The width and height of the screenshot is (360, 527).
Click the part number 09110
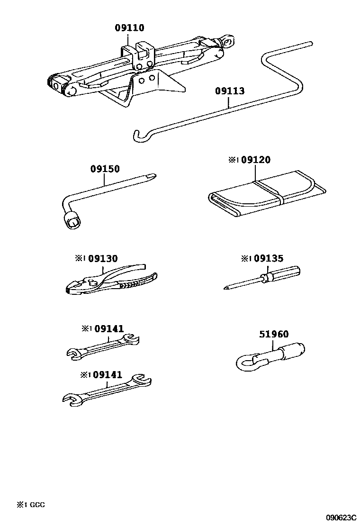pyautogui.click(x=129, y=28)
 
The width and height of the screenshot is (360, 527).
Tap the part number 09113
pyautogui.click(x=230, y=91)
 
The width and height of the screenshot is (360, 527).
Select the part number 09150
pyautogui.click(x=105, y=169)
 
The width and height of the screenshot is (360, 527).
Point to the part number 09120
pyautogui.click(x=255, y=160)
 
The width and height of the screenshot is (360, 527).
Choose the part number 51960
pyautogui.click(x=274, y=335)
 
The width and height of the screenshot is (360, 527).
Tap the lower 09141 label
pyautogui.click(x=108, y=374)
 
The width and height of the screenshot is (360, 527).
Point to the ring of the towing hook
pyautogui.click(x=246, y=364)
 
